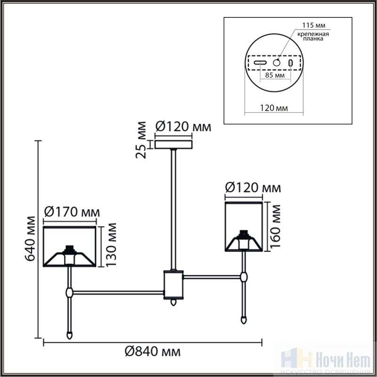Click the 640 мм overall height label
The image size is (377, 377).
[x=31, y=239]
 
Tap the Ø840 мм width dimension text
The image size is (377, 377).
[x=152, y=352]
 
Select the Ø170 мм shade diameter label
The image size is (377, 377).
[x=72, y=212]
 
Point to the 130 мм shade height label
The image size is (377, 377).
[x=111, y=245]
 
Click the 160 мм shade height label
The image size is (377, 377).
[x=275, y=227]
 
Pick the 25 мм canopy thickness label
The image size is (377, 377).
[x=141, y=140]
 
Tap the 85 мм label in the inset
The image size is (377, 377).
[x=275, y=75]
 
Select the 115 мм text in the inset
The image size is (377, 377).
[x=313, y=25]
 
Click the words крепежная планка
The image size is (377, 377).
[x=313, y=36]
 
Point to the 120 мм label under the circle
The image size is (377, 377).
[x=274, y=108]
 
